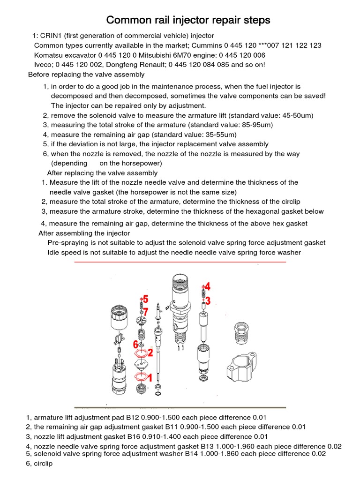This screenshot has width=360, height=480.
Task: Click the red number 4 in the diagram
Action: [207, 286]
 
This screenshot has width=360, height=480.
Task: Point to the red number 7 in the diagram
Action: [146, 311]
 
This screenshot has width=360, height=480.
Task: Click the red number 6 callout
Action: [135, 345]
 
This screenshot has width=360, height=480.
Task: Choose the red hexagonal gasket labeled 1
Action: [139, 376]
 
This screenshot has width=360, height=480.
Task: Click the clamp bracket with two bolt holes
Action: [244, 368]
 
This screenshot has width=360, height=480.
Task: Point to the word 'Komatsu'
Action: [49, 55]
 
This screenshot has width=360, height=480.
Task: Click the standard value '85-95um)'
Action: [258, 125]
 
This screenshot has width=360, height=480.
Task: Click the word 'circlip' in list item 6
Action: [43, 464]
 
